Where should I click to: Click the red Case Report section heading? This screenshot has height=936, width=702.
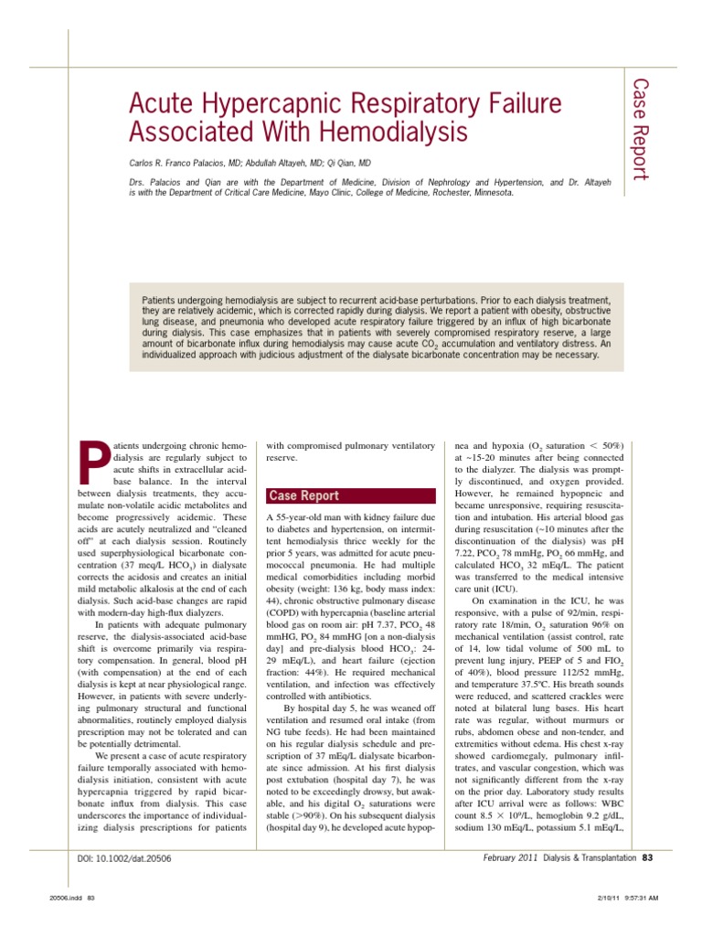pos(303,495)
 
